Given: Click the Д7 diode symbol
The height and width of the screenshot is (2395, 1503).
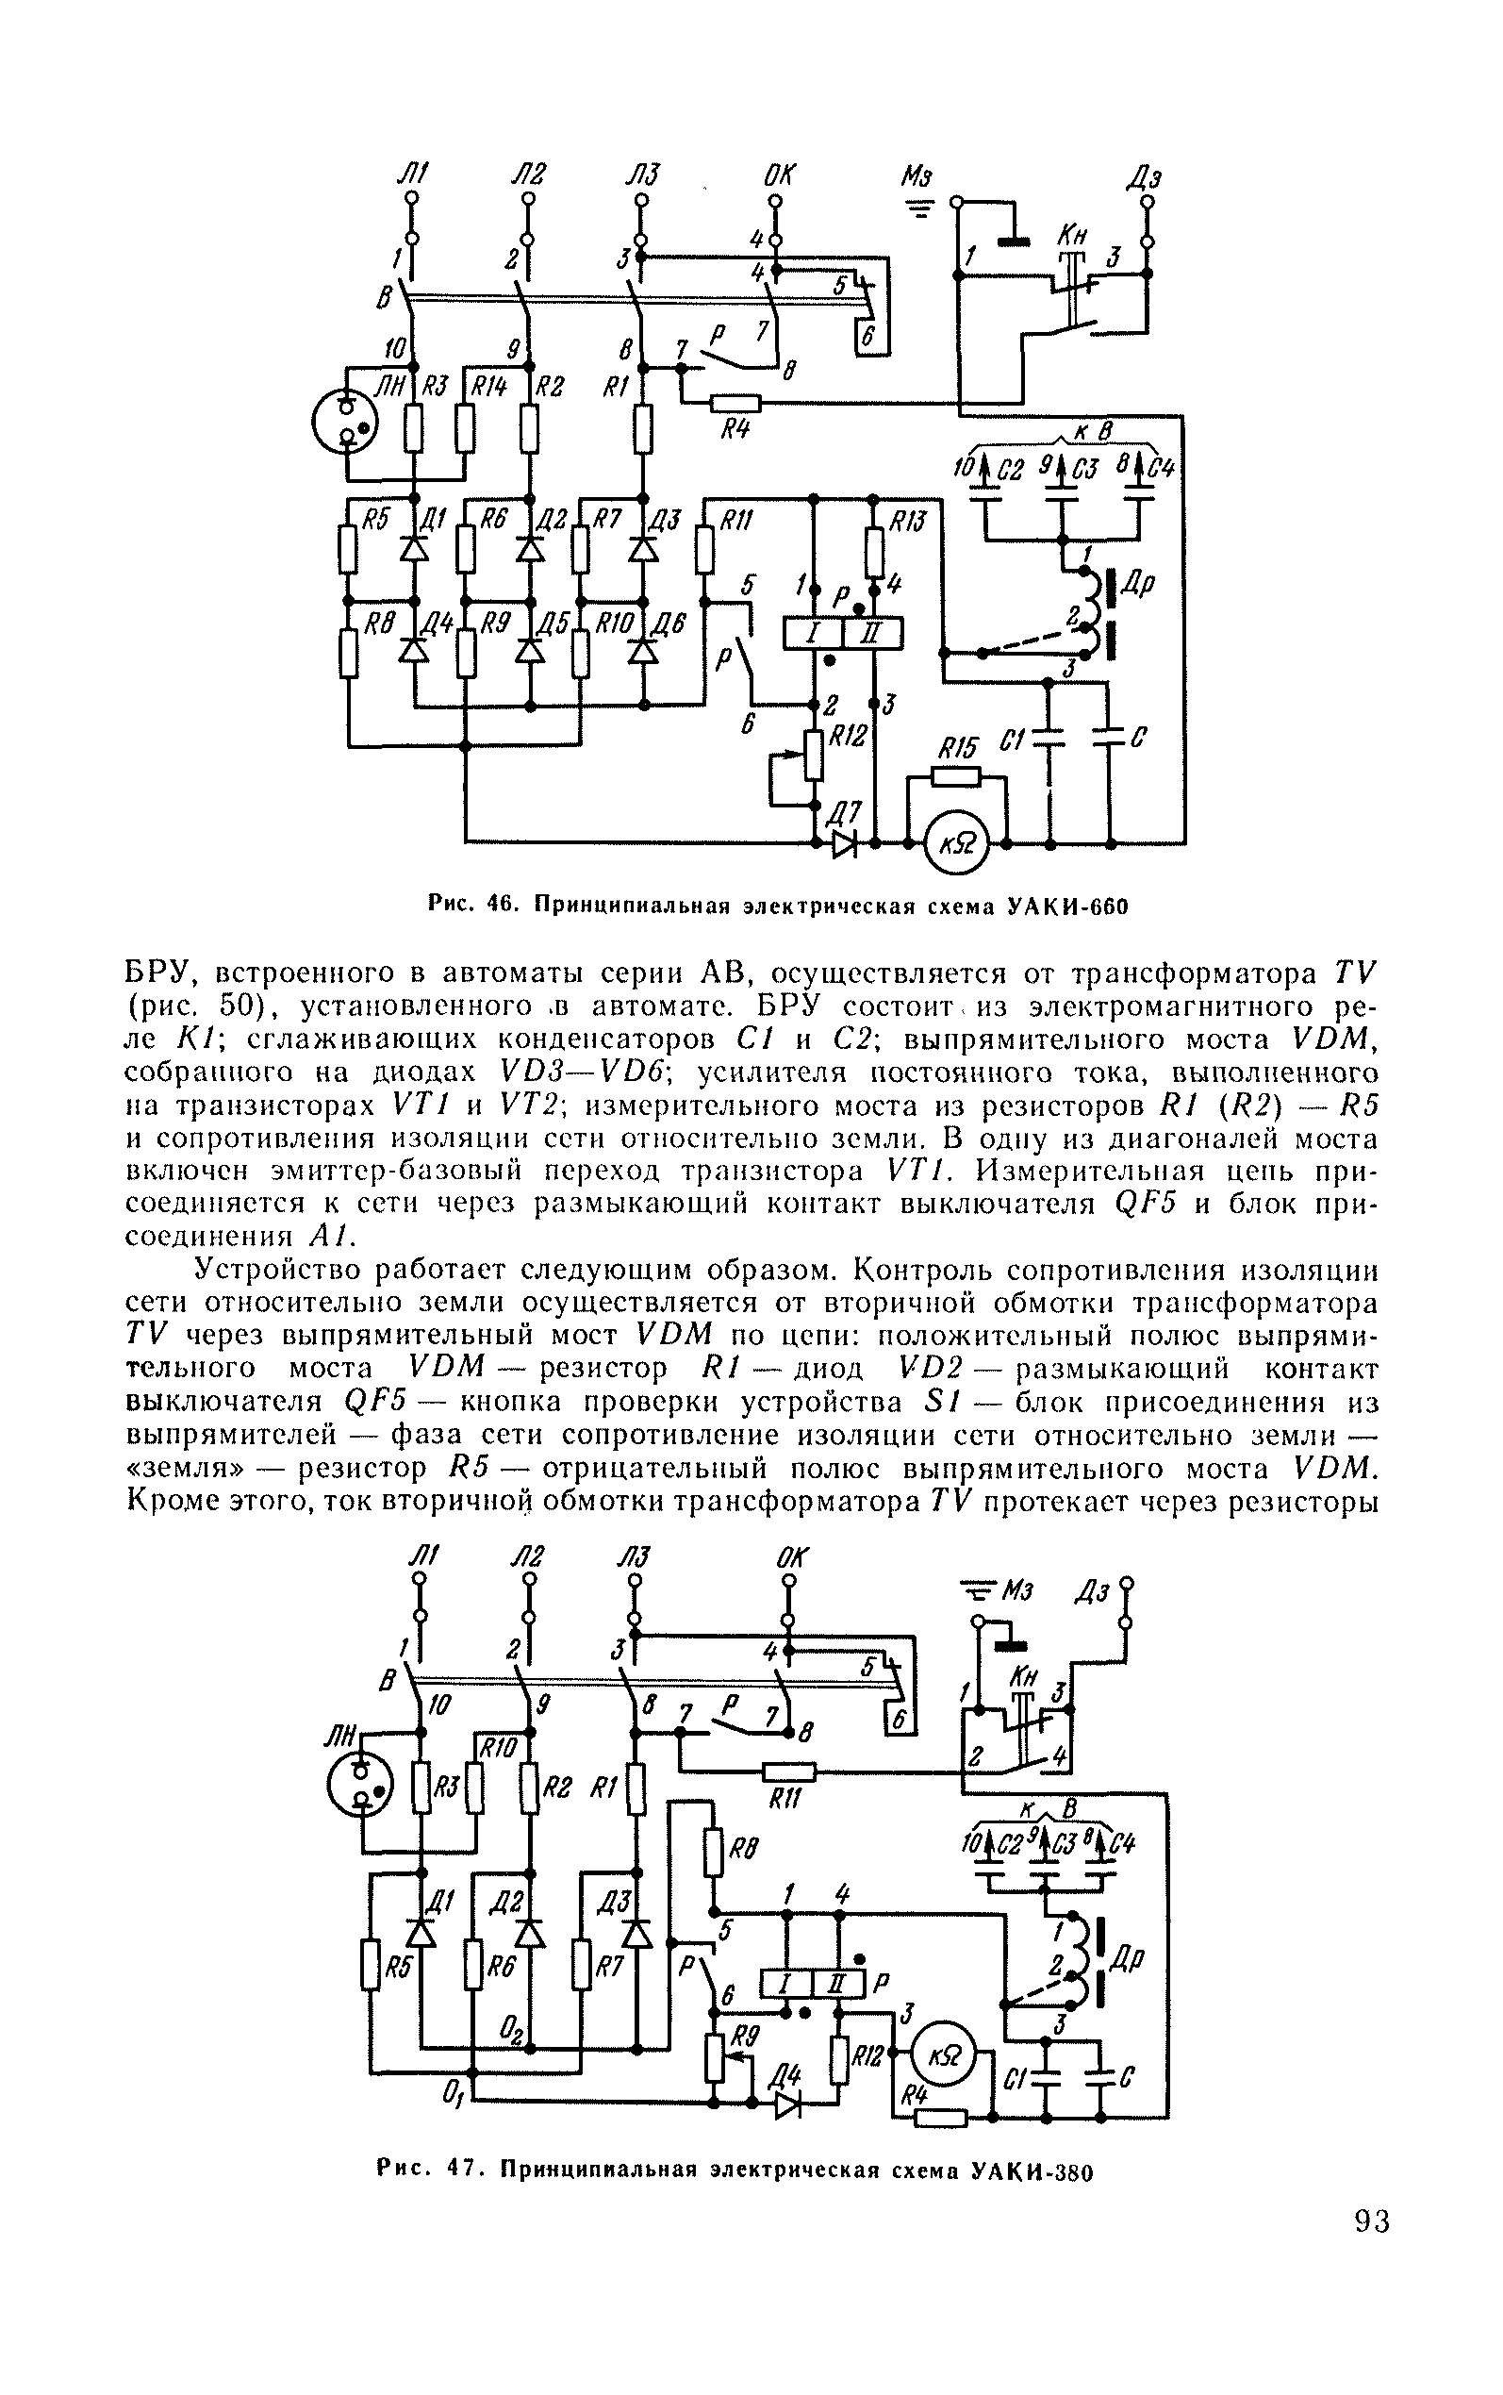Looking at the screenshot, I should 845,843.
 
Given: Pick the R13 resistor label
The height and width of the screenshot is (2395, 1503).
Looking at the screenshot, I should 906,520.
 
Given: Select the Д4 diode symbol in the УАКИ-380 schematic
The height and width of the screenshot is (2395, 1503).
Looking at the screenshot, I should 787,2101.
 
